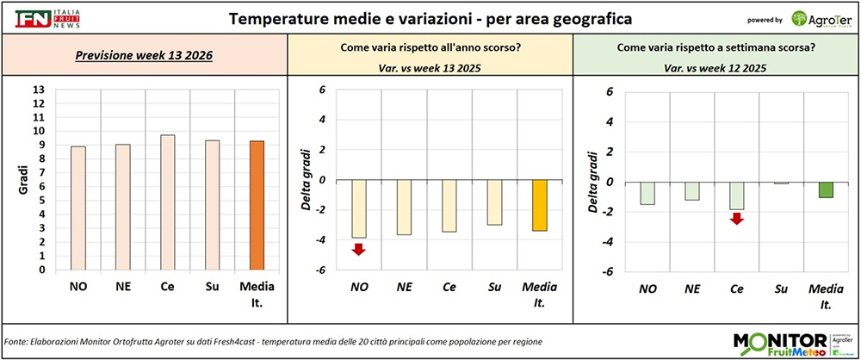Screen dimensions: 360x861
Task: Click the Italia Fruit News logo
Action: pyautogui.click(x=44, y=18)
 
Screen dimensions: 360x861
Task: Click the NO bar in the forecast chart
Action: pyautogui.click(x=78, y=208)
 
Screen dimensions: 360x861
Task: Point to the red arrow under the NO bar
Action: pyautogui.click(x=359, y=250)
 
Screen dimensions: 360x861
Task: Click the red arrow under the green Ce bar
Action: pyautogui.click(x=736, y=219)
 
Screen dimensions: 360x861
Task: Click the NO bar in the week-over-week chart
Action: pyautogui.click(x=647, y=193)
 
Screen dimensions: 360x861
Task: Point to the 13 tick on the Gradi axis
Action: pyautogui.click(x=38, y=90)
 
